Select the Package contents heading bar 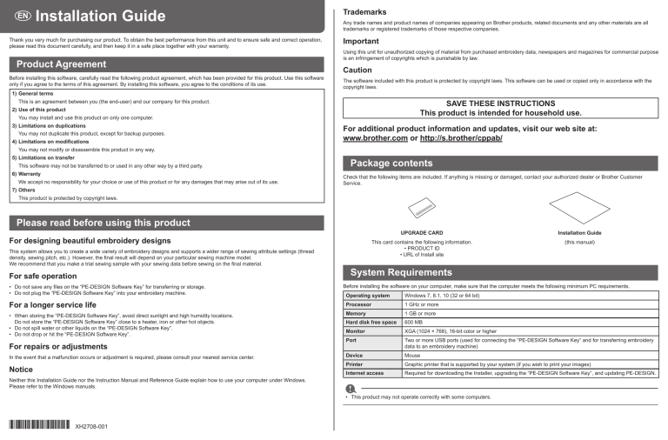(x=391, y=163)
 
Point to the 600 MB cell (x=415, y=322)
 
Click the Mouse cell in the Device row (x=414, y=355)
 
